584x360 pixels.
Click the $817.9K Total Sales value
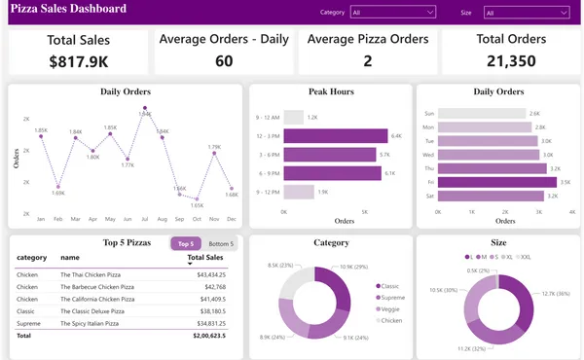pyautogui.click(x=79, y=61)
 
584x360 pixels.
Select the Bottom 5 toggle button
pyautogui.click(x=221, y=243)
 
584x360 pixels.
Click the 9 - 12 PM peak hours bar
pyautogui.click(x=299, y=192)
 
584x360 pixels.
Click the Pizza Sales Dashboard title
pyautogui.click(x=69, y=10)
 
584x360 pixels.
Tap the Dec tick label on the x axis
pyautogui.click(x=232, y=219)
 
